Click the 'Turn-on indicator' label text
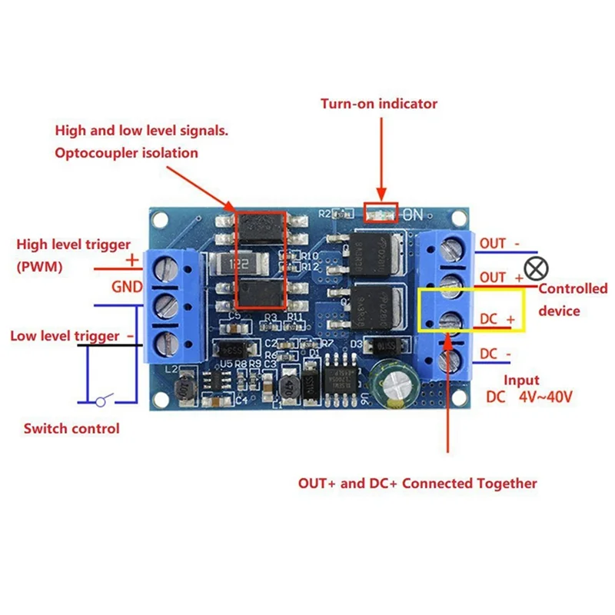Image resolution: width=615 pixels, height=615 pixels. (379, 104)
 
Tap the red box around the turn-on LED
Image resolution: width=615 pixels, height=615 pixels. (380, 213)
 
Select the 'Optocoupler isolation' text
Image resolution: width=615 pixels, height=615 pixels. (126, 153)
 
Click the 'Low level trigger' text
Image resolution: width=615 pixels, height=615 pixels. (65, 336)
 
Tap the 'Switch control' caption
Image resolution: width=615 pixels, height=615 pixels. (71, 428)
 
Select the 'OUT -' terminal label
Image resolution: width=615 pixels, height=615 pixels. (499, 244)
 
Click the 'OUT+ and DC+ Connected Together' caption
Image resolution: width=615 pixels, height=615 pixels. (417, 484)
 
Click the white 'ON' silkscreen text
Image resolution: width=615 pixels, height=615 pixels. (413, 215)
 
